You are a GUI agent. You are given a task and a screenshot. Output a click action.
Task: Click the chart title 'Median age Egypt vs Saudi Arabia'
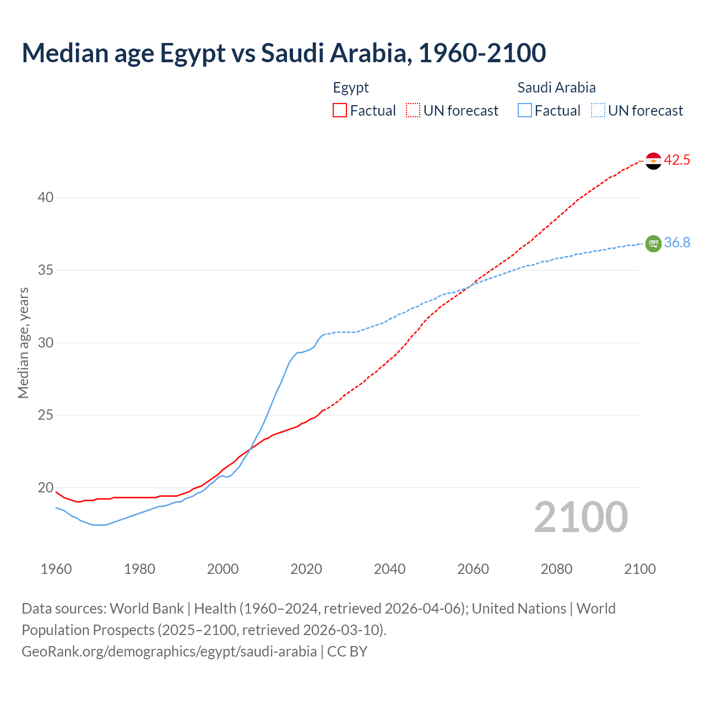point(284,53)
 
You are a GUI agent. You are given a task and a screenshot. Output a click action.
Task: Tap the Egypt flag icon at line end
point(653,161)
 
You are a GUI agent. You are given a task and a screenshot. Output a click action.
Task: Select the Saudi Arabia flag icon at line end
point(653,243)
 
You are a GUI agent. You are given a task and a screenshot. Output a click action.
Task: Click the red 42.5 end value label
point(677,160)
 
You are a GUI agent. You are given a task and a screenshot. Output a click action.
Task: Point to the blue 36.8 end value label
point(677,243)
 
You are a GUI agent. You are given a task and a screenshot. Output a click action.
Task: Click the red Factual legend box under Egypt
point(340,111)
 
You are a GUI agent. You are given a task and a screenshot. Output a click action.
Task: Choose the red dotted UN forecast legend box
point(413,111)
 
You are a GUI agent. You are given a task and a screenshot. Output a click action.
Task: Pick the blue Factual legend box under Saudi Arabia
point(525,111)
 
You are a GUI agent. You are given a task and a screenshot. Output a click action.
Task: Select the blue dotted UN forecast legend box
point(598,111)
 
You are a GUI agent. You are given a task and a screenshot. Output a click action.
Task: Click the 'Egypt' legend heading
point(351,88)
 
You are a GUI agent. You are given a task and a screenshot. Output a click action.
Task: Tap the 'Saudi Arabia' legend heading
point(556,88)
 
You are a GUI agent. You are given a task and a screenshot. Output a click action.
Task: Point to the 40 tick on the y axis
point(46,198)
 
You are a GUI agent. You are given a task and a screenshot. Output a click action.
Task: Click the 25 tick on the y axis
point(46,415)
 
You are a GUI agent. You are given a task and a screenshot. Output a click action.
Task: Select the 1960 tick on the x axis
point(56,569)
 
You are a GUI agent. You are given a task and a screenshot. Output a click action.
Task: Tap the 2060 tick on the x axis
point(473,569)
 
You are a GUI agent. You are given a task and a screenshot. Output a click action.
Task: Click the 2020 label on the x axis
point(306,569)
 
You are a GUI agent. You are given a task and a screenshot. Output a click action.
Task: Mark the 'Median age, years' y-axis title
point(24,343)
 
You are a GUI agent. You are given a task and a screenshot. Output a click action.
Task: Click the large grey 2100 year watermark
point(581,517)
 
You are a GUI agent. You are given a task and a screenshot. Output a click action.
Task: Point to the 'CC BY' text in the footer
point(347,652)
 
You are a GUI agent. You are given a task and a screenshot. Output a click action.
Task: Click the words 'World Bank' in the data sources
point(147,609)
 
